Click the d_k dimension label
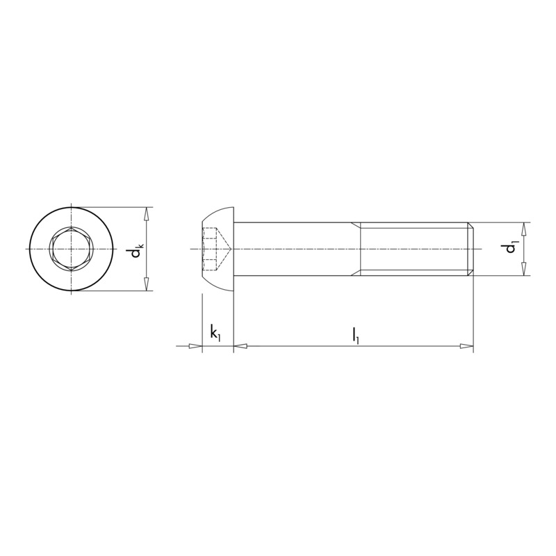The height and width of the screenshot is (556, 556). point(137,248)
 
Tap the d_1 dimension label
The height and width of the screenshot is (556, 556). point(512,248)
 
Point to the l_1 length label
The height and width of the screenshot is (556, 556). point(355,334)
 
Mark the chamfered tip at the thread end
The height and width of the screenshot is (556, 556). point(471,248)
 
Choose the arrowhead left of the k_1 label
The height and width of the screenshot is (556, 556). point(195,345)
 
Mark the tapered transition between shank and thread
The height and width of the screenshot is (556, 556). point(357,248)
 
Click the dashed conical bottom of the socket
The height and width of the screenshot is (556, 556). point(224,248)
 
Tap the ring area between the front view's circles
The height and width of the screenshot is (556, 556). point(42,249)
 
